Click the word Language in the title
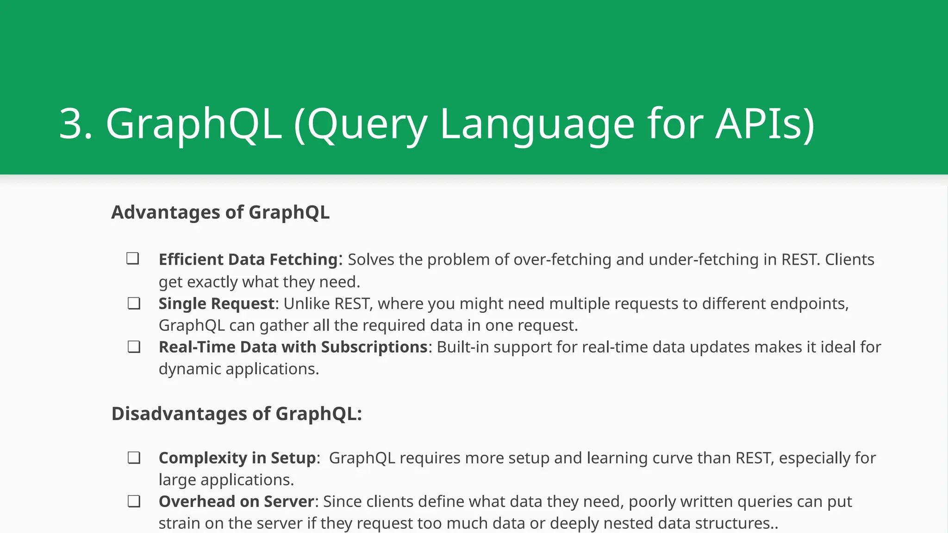[x=537, y=124]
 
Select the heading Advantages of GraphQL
[x=220, y=212]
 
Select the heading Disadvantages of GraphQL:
[x=237, y=414]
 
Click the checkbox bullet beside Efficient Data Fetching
[x=133, y=258]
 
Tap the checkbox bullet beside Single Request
[x=134, y=304]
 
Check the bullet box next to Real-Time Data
[x=134, y=347]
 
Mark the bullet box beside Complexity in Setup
[x=134, y=458]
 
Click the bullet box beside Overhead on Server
[x=134, y=502]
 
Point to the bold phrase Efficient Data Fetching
[x=248, y=260]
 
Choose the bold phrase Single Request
[x=217, y=304]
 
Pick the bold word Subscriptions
[x=374, y=347]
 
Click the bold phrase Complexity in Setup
[x=237, y=458]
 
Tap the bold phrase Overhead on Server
[x=236, y=502]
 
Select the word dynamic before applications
[x=189, y=369]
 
